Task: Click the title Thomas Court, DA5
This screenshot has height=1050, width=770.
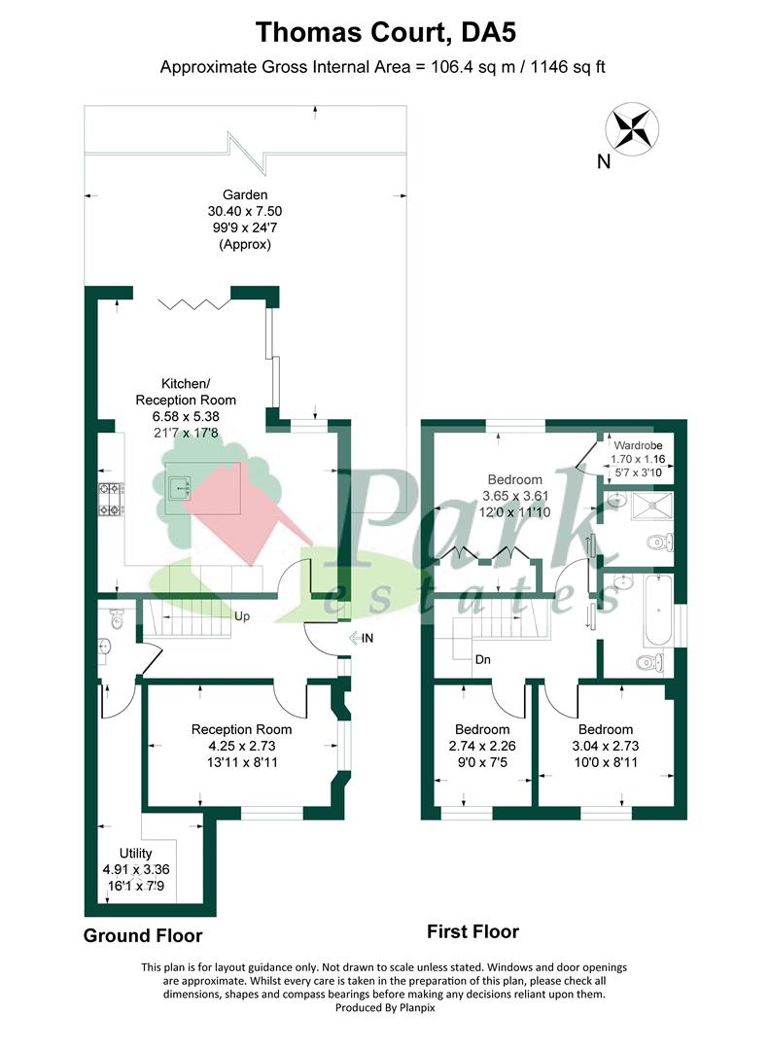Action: pos(386,32)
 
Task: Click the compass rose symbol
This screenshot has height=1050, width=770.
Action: pos(632,128)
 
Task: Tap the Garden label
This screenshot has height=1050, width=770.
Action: pos(245,194)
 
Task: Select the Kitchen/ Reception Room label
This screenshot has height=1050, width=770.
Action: pos(186,392)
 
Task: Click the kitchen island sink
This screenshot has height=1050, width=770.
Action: pos(180,488)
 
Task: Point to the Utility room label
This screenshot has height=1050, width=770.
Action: pos(135,854)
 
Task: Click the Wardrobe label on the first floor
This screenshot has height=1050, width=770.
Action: pos(638,445)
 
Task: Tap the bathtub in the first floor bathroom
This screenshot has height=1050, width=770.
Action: pos(657,610)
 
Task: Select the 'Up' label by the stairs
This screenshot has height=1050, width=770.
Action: pos(242,616)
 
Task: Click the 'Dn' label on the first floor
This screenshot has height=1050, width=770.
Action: pos(483,659)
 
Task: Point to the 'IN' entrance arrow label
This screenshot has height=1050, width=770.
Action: pos(361,638)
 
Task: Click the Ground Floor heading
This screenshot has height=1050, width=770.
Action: pos(143,935)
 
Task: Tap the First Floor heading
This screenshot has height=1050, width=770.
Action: pos(472,931)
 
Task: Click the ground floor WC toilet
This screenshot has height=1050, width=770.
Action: pos(117,619)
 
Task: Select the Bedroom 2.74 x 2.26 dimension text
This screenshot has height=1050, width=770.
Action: pos(482,746)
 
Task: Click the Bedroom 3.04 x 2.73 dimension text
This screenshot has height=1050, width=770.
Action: pos(606,746)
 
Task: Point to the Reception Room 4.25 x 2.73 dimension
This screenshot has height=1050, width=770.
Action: pos(242,746)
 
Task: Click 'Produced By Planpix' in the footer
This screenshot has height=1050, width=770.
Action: pos(385,1007)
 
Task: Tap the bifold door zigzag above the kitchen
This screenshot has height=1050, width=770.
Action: pos(193,304)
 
